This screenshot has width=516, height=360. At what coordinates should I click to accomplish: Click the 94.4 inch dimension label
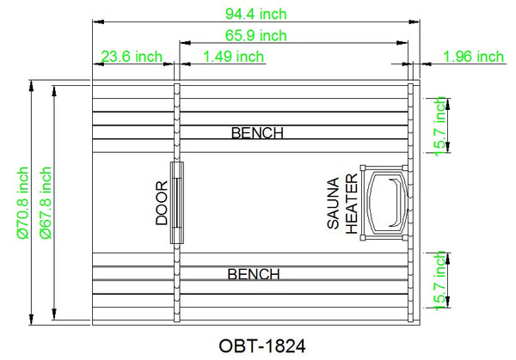(256, 14)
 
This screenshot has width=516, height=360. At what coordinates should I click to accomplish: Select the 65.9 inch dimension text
(256, 35)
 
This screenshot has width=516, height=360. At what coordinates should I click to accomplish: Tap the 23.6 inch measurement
(132, 57)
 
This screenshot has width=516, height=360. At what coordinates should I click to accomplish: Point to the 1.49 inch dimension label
(234, 57)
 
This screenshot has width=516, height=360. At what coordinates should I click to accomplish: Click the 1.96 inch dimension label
(474, 57)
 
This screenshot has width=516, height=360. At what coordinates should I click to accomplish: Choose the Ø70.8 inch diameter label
(22, 203)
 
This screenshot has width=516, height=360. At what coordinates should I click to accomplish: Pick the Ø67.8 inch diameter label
(46, 203)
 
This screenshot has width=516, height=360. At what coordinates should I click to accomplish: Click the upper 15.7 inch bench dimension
(439, 126)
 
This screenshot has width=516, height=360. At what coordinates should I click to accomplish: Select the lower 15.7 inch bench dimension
(439, 281)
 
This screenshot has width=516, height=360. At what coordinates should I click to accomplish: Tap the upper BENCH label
(257, 133)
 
